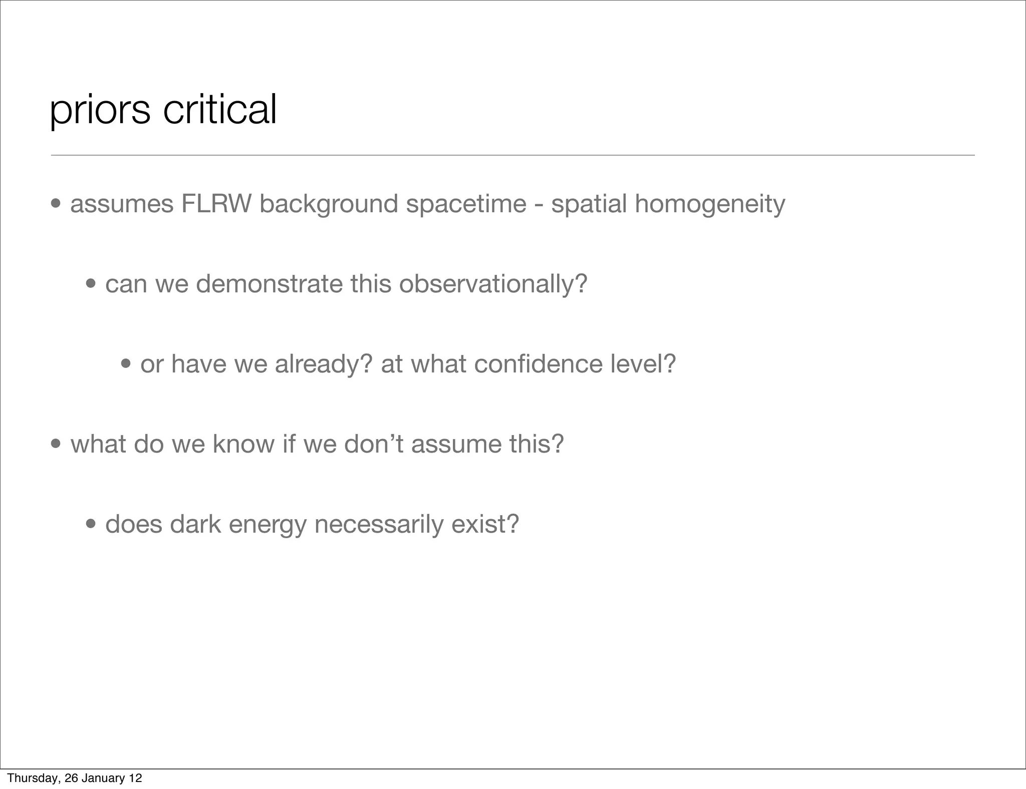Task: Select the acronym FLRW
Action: point(216,204)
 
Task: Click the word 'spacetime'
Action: point(466,204)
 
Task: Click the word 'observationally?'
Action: point(493,284)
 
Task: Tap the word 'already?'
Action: point(324,364)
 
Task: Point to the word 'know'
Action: point(243,444)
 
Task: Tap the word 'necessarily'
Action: point(379,525)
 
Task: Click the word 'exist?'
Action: point(485,524)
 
